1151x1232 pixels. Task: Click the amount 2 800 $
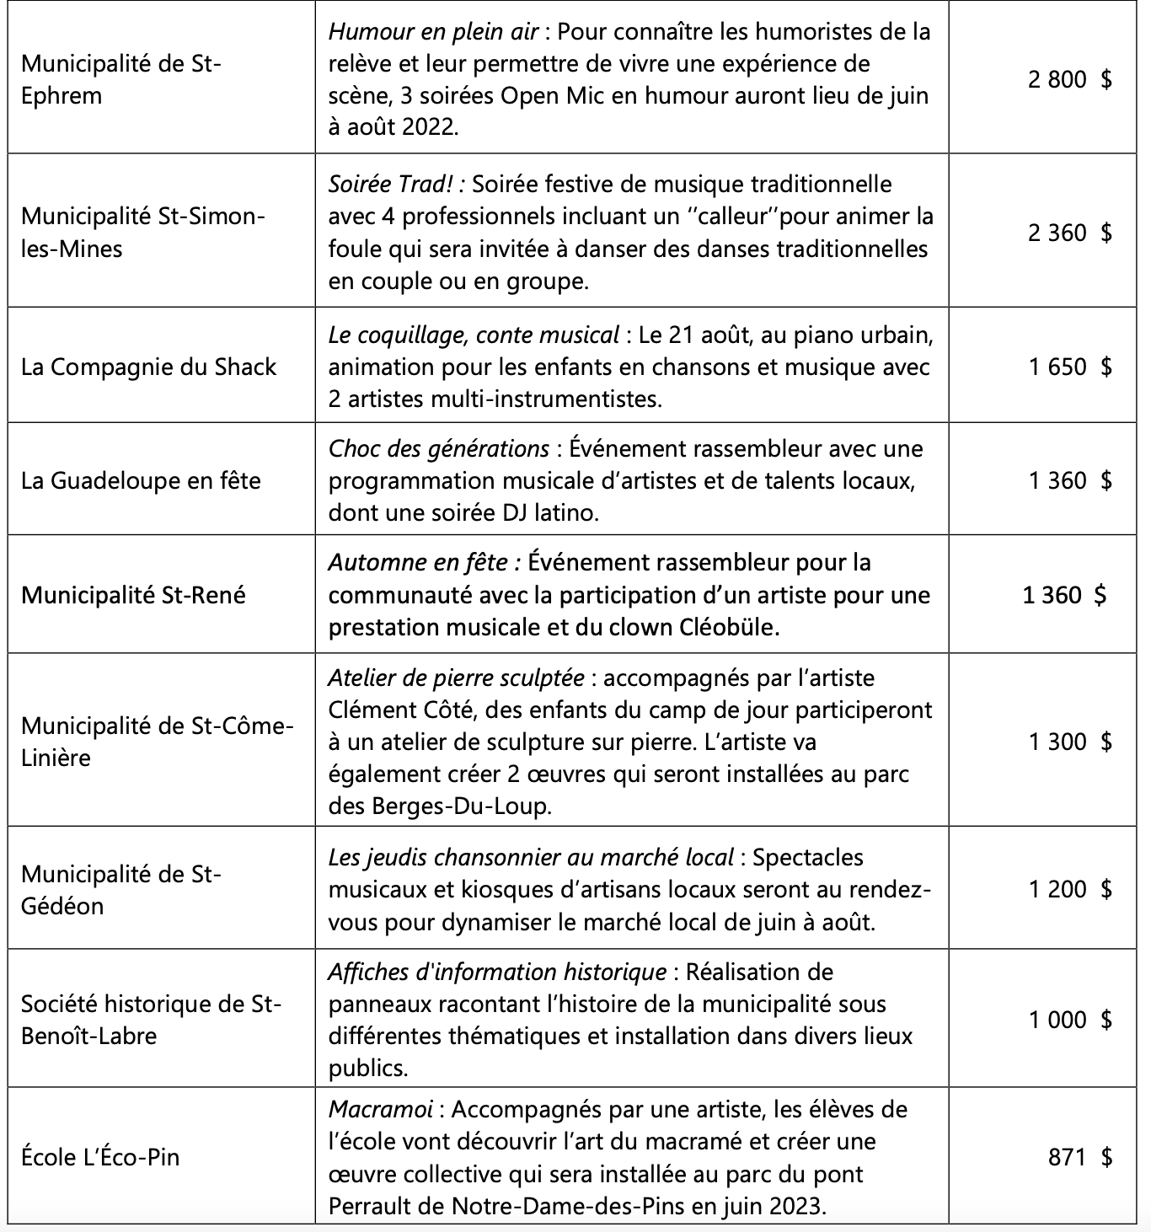tap(1069, 79)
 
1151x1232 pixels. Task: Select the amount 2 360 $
tap(1069, 233)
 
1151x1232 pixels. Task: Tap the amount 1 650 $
tap(1069, 367)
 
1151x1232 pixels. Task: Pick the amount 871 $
tap(1079, 1157)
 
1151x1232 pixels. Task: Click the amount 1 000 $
tap(1069, 1020)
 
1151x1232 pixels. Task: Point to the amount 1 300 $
tap(1069, 742)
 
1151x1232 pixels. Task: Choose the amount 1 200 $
tap(1069, 888)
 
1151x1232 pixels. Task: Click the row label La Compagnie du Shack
tap(148, 367)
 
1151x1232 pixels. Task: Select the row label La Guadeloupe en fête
tap(141, 480)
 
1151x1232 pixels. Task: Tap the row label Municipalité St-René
tap(133, 595)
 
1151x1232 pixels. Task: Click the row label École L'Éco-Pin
tap(100, 1157)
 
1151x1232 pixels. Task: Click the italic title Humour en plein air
tap(433, 32)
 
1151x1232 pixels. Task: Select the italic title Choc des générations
tap(438, 448)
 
